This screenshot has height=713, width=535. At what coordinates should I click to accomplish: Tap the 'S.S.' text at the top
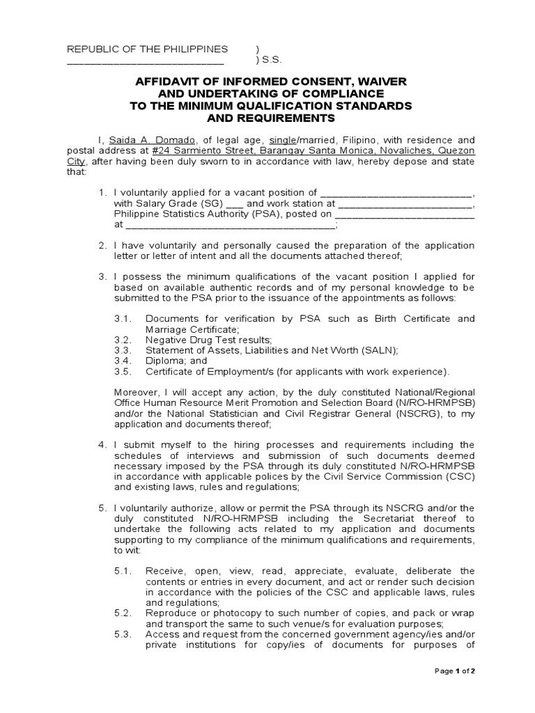(x=270, y=61)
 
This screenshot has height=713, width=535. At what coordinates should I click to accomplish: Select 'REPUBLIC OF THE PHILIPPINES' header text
(x=147, y=49)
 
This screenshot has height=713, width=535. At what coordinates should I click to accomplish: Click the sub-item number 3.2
(x=123, y=339)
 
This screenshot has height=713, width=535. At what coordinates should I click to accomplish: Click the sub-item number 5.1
(x=123, y=571)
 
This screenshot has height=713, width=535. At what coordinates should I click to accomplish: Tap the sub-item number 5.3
(x=123, y=634)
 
